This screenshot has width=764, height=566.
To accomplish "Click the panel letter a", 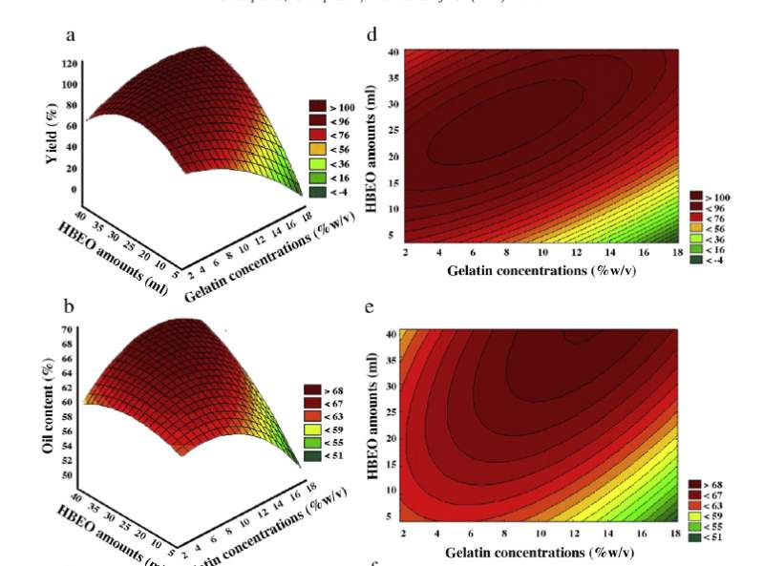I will pyautogui.click(x=71, y=36).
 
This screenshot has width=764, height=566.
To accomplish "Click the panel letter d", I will pyautogui.click(x=372, y=36).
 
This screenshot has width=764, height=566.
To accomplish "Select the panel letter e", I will pyautogui.click(x=371, y=306).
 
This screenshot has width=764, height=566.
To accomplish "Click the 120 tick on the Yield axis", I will pyautogui.click(x=69, y=64).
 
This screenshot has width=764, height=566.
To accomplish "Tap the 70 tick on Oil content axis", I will pyautogui.click(x=69, y=329).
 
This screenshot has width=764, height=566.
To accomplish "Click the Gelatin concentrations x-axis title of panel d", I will pyautogui.click(x=541, y=270).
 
